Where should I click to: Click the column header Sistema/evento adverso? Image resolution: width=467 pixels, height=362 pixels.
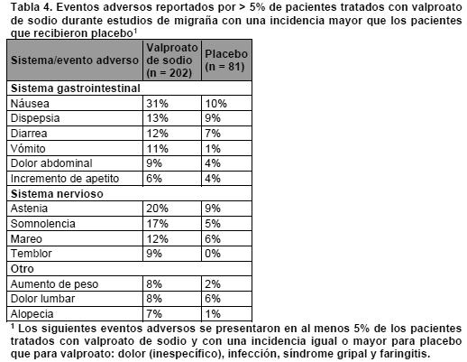click(x=75, y=60)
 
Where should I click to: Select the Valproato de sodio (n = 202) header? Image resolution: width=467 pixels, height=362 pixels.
click(x=172, y=60)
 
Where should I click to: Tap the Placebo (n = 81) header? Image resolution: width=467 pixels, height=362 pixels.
click(x=226, y=60)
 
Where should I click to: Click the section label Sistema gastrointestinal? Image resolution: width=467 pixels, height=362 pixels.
click(x=76, y=88)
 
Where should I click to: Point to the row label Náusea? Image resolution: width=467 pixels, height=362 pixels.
click(x=30, y=103)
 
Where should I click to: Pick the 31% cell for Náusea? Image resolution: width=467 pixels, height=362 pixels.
click(x=157, y=104)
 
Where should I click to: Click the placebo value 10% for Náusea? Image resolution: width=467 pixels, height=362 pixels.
click(x=215, y=104)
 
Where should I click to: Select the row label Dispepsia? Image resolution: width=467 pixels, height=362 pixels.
click(x=35, y=118)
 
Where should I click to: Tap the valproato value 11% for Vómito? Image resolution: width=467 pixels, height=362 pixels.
click(x=157, y=149)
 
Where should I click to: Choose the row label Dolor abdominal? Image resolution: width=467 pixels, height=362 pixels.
click(x=51, y=163)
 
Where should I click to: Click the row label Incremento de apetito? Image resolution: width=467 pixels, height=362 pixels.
click(x=65, y=179)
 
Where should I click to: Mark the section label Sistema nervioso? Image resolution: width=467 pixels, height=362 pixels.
click(x=57, y=194)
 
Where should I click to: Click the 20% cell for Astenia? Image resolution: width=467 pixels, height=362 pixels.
click(x=157, y=209)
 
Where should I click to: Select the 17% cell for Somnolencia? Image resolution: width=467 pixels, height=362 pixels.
click(x=157, y=224)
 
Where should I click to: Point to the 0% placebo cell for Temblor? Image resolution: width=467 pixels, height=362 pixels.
click(x=213, y=254)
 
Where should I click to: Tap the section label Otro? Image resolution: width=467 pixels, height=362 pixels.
click(x=23, y=269)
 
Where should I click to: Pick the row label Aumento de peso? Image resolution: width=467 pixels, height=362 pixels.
click(x=54, y=284)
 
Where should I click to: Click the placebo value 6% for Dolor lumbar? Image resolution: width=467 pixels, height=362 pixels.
click(x=213, y=299)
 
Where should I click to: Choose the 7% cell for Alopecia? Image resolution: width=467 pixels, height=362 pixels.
click(x=154, y=314)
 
